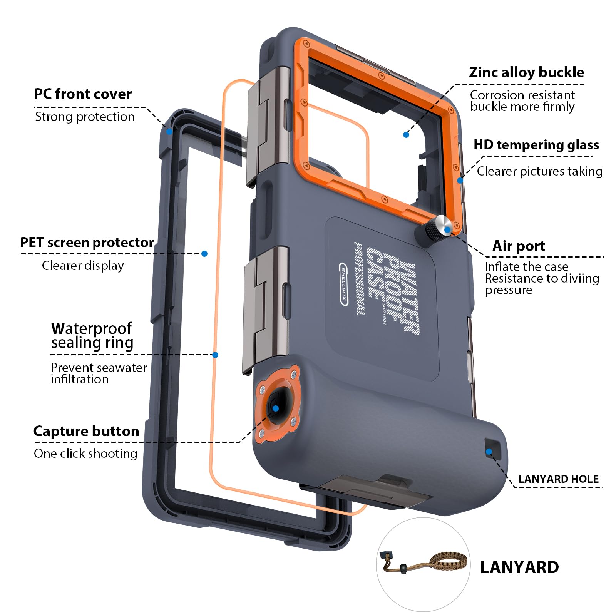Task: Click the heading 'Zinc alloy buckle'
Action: [526, 72]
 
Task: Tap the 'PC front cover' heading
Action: [83, 94]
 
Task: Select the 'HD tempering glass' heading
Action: [536, 145]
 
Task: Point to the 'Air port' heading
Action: [519, 246]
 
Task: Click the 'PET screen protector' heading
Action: [87, 243]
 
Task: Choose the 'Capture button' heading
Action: [86, 431]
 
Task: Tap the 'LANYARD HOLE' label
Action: [558, 479]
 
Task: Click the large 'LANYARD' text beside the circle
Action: [519, 567]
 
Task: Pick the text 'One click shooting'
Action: [85, 454]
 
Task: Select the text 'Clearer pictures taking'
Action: [539, 171]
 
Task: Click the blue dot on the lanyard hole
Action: [489, 452]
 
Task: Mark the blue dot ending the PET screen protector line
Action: [204, 254]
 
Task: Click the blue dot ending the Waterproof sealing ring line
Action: [215, 355]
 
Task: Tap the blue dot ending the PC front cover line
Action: [169, 131]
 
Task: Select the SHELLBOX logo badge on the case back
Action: [344, 284]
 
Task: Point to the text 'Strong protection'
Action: [85, 117]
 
